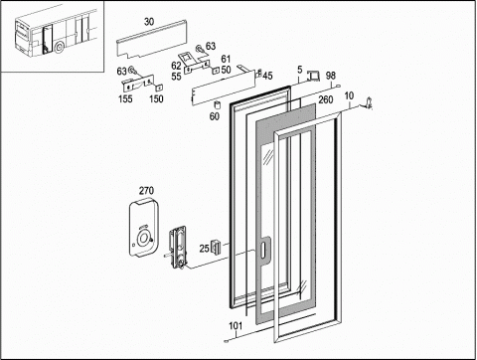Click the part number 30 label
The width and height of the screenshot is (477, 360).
[x=149, y=22]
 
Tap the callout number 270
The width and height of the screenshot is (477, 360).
[x=146, y=191]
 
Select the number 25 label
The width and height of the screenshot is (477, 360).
[x=204, y=249]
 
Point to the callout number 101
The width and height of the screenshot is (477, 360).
[x=236, y=326]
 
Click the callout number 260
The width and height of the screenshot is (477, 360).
[x=325, y=99]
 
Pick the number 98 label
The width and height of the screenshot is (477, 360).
[x=330, y=76]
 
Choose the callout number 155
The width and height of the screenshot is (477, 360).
[x=125, y=98]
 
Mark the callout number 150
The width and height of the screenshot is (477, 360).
[x=156, y=98]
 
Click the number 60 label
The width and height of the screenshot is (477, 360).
[x=214, y=116]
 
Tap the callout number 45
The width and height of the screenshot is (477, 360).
[x=267, y=76]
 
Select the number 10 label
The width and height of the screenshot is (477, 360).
[x=349, y=96]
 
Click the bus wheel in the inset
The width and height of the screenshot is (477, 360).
[x=60, y=48]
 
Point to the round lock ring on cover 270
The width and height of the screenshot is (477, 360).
[x=143, y=239]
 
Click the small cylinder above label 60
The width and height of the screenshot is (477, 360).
[x=218, y=104]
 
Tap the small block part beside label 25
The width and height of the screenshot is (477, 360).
[x=216, y=247]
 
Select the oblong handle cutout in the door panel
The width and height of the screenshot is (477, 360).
[x=263, y=250]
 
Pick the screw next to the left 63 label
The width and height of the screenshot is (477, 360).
[x=131, y=70]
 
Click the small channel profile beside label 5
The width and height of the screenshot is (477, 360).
[x=313, y=76]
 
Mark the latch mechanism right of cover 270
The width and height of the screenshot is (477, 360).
[x=178, y=247]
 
